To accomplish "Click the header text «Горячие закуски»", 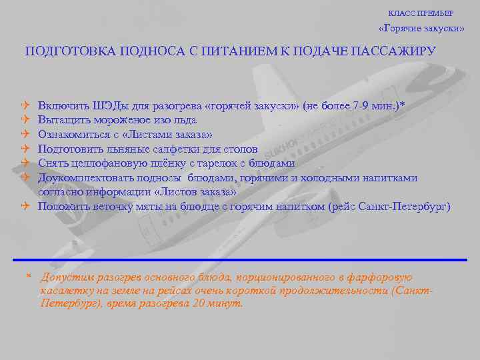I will [421, 29].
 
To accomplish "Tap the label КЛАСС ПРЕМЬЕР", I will [429, 13].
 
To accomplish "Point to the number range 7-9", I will [363, 106].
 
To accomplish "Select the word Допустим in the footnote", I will [63, 277].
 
